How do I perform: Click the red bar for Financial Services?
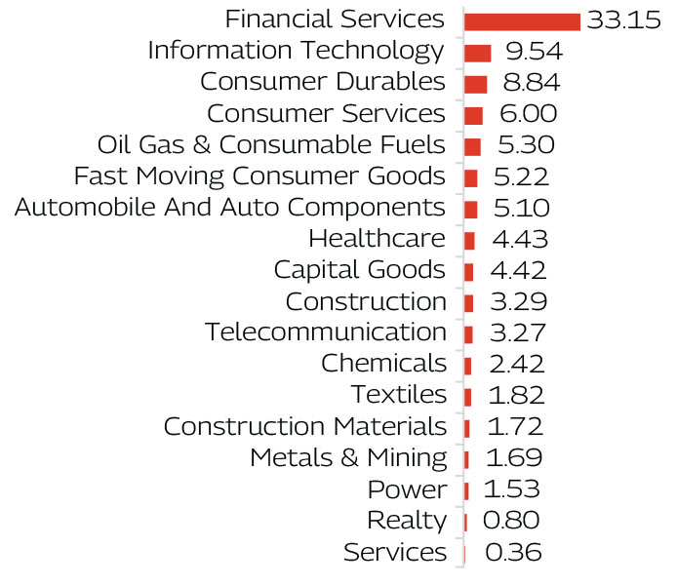(x=522, y=21)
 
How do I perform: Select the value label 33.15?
(x=623, y=20)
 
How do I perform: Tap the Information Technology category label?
(x=296, y=51)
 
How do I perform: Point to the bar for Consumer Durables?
(x=476, y=84)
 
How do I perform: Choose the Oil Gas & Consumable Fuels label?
(x=271, y=145)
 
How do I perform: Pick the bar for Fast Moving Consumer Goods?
(x=471, y=177)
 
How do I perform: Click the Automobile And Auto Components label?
(x=230, y=208)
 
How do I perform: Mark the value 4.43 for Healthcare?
(x=518, y=239)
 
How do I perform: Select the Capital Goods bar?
(x=469, y=271)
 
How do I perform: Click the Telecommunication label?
(x=326, y=332)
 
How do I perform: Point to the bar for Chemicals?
(x=468, y=365)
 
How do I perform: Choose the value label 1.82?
(x=515, y=395)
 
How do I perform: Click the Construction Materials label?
(x=305, y=426)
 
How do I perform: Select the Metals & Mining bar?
(x=466, y=458)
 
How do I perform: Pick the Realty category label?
(x=407, y=521)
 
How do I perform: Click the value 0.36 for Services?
(x=512, y=552)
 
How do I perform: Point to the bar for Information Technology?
(x=477, y=53)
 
